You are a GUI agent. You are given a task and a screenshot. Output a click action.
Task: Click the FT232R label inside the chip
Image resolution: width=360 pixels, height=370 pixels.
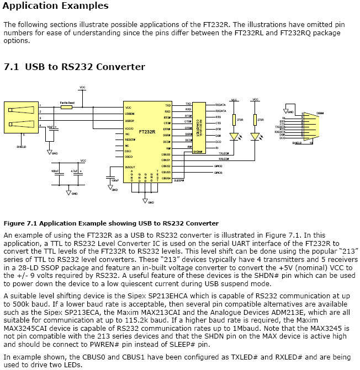[x=147, y=132]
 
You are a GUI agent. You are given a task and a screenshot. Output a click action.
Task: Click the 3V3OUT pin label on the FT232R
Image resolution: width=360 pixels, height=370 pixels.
[x=129, y=167]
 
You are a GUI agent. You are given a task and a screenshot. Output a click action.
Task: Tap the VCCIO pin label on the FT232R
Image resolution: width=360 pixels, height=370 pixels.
[x=130, y=128]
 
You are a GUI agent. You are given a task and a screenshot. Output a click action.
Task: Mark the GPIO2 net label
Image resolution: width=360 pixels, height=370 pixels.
[x=218, y=166]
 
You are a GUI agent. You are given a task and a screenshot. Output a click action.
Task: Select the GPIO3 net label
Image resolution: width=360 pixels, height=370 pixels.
[x=218, y=173]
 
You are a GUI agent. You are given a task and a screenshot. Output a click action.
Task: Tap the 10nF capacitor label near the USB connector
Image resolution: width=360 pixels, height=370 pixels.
[x=50, y=127]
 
